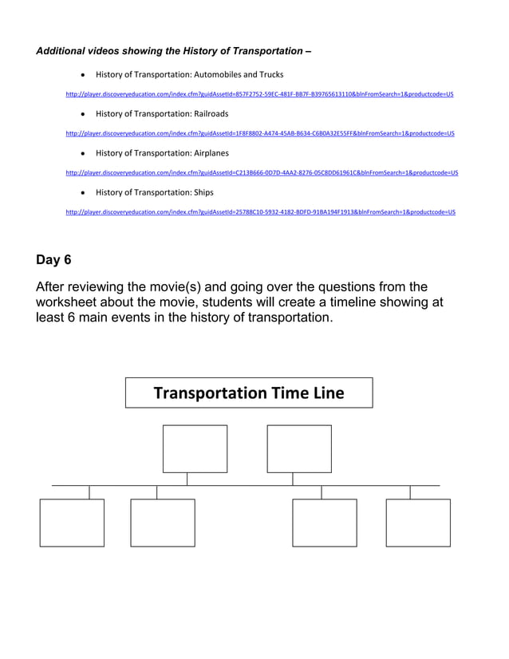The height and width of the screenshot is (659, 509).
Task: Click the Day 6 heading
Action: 53,259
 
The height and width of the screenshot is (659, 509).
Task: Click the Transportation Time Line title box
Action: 249,393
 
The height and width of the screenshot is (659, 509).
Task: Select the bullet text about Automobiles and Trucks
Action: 189,75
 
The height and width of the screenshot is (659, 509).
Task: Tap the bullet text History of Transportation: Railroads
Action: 162,114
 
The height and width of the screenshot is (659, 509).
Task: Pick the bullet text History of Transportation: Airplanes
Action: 162,153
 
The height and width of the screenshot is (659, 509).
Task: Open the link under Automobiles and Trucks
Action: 259,94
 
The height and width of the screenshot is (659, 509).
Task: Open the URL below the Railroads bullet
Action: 260,133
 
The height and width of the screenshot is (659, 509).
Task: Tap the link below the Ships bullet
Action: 260,212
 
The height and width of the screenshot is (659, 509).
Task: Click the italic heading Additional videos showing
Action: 173,51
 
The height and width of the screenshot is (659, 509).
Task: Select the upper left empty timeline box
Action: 195,448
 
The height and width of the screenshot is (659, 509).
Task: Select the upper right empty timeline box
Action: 299,448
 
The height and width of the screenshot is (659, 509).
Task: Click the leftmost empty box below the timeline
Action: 72,523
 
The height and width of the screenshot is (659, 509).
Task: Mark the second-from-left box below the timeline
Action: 163,523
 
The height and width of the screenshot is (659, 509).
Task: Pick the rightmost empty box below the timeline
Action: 418,523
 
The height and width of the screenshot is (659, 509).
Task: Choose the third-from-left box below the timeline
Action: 325,523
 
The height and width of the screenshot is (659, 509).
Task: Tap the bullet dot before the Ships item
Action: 84,193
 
